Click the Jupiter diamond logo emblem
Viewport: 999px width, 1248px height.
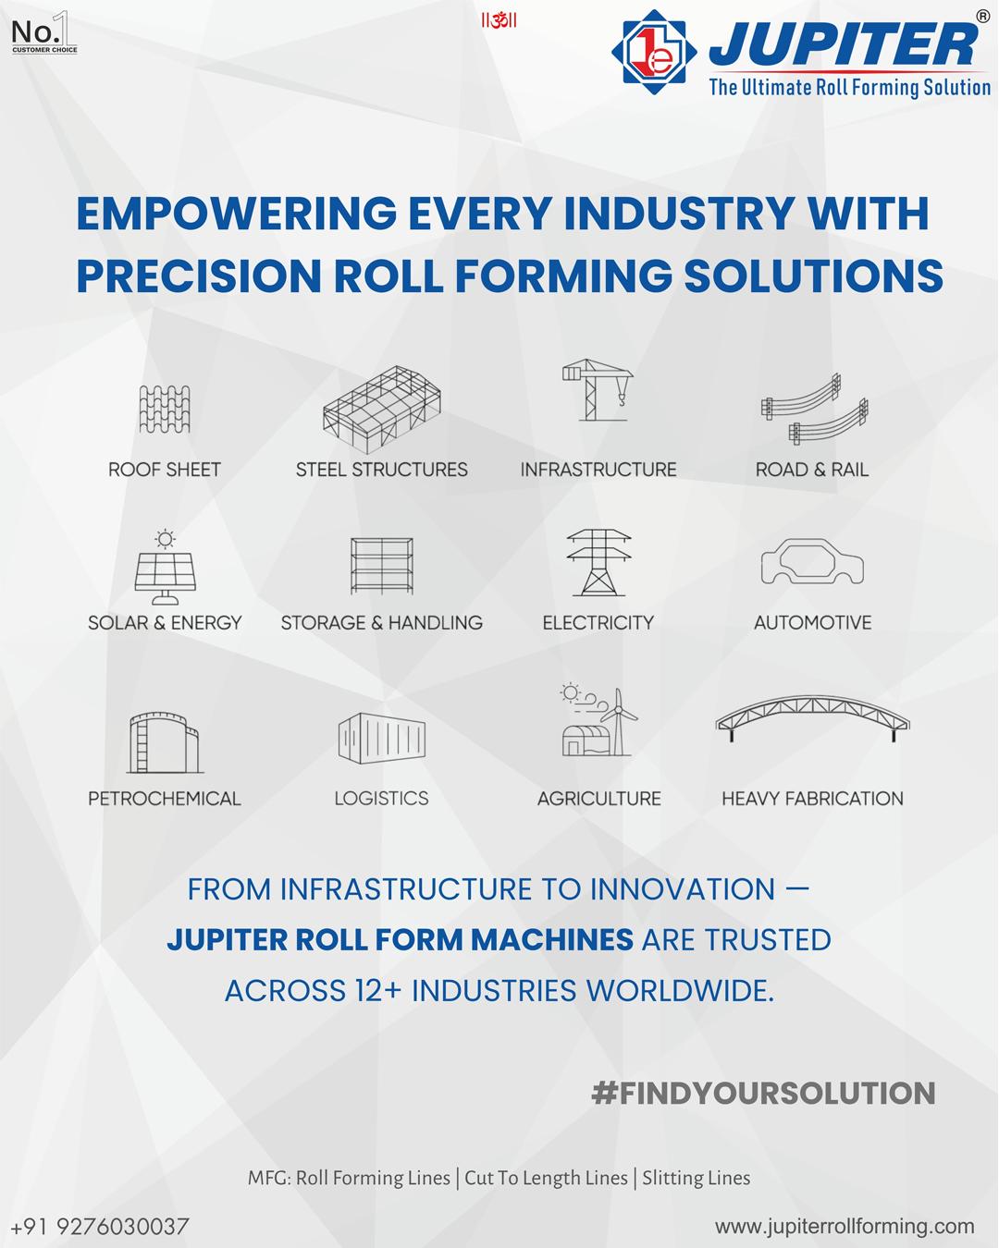coord(654,52)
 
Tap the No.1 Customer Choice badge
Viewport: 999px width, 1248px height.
coord(44,32)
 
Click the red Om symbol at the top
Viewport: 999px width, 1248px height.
coord(499,21)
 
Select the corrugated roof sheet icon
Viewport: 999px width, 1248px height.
coord(165,410)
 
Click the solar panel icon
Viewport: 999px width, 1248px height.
coord(165,568)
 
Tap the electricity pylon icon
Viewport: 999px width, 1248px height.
coord(598,563)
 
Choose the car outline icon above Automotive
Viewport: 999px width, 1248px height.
coord(812,561)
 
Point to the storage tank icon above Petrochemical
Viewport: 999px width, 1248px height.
coord(165,743)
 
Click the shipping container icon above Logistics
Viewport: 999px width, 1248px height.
coord(381,739)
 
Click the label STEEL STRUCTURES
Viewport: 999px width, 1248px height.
coord(381,470)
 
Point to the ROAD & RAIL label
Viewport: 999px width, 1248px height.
coord(812,470)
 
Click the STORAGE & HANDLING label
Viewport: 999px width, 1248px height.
coord(381,623)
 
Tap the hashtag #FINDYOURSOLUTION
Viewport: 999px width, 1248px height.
coord(763,1094)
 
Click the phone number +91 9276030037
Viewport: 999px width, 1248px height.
coord(100,1227)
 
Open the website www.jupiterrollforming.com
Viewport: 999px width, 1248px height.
coord(845,1227)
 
